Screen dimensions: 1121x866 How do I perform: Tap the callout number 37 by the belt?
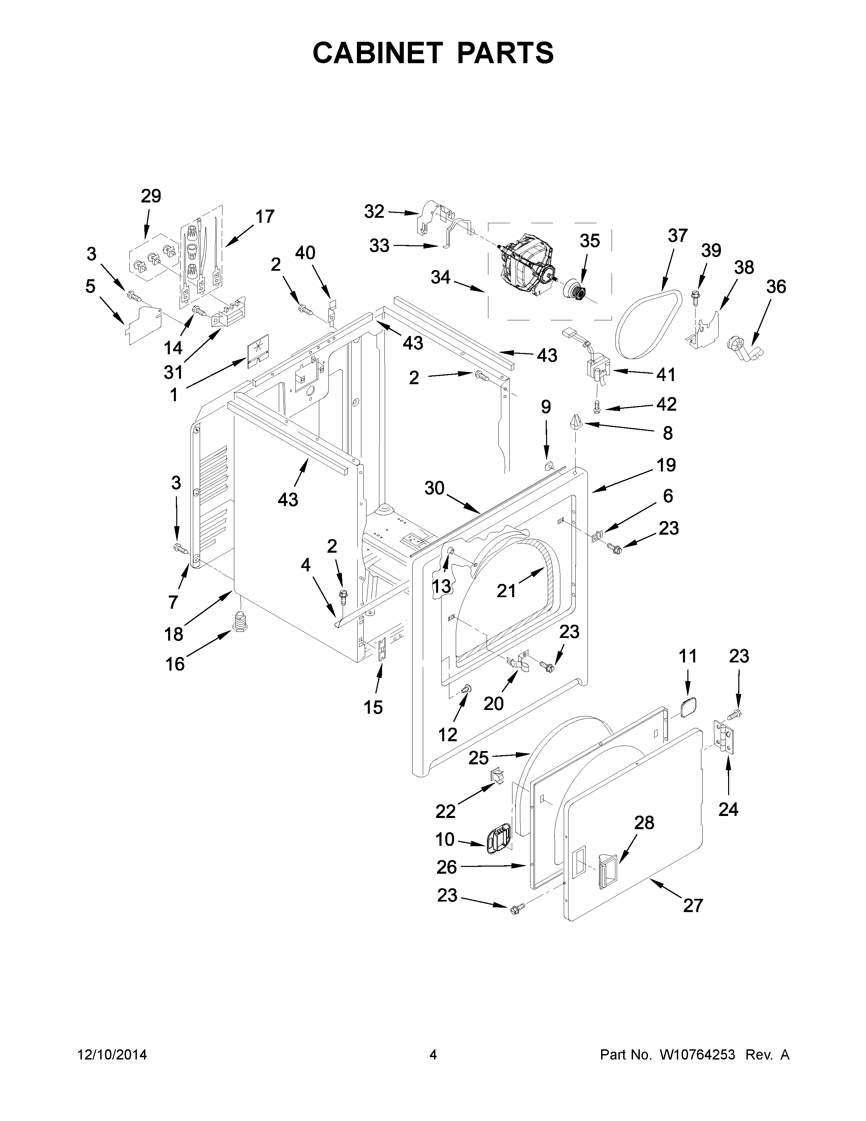677,236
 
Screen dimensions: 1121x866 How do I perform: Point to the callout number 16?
175,664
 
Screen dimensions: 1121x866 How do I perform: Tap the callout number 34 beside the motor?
440,278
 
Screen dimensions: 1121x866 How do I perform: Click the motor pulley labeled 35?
576,291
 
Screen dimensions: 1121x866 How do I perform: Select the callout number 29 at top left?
151,196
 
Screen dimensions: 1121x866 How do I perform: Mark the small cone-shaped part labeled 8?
576,424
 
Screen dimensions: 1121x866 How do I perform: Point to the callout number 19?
666,465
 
